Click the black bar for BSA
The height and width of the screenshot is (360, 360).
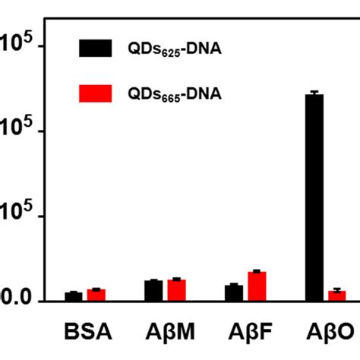click(73, 296)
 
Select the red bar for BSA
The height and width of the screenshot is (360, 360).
click(96, 295)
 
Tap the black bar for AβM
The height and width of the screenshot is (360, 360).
click(153, 290)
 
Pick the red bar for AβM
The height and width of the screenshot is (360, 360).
click(177, 289)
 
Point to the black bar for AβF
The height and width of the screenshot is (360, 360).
click(234, 292)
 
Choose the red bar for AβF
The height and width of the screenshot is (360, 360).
click(257, 286)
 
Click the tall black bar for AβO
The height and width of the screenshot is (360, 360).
click(314, 197)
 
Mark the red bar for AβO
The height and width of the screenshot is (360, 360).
click(337, 295)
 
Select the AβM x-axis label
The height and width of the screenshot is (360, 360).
click(166, 333)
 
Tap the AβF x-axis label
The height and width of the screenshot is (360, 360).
click(245, 333)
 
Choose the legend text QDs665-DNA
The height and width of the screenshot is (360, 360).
click(168, 93)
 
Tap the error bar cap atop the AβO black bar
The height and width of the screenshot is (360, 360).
click(314, 92)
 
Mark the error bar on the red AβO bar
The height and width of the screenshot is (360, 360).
click(337, 289)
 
